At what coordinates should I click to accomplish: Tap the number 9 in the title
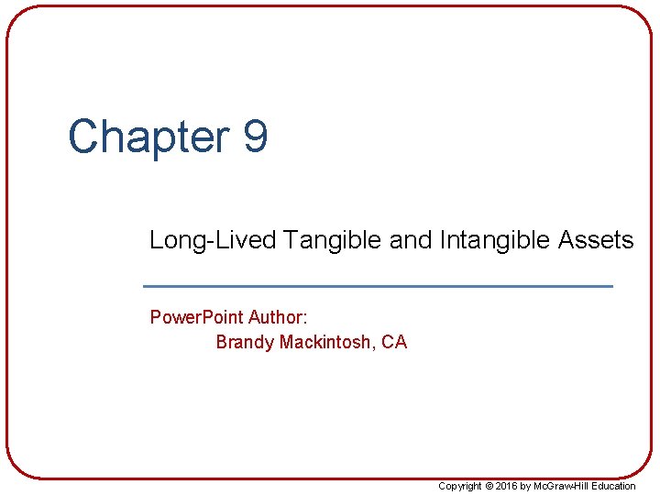coord(256,137)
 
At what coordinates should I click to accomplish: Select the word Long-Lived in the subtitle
coord(213,241)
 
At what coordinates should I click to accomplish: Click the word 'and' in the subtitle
coord(409,241)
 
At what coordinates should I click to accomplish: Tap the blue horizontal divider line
coord(379,287)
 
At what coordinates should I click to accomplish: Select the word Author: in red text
coord(278,318)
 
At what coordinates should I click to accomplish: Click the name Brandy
coord(245,343)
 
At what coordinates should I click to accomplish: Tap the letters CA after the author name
coord(394,343)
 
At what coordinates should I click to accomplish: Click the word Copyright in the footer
coord(460,486)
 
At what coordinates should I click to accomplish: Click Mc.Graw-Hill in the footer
coord(562,486)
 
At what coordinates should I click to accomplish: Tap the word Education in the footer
coord(613,486)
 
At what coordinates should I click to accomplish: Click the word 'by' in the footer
coord(526,486)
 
